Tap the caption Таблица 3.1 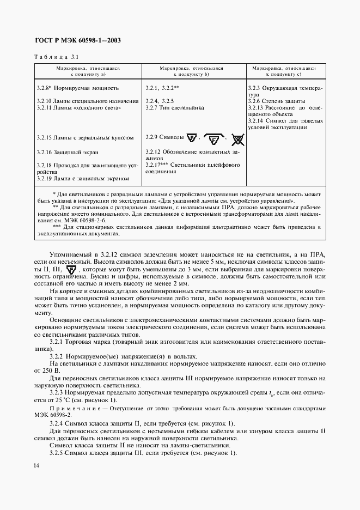[x=57, y=57]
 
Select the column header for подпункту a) [x=88, y=71]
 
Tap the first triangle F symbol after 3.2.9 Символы [x=191, y=138]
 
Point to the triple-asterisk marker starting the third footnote [x=57, y=226]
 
